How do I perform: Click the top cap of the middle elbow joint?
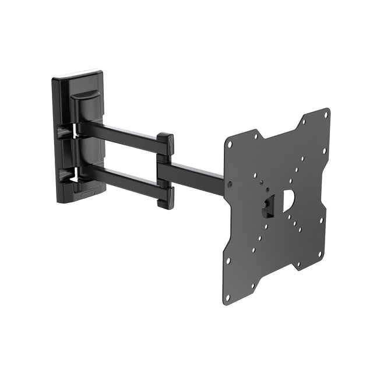(165, 140)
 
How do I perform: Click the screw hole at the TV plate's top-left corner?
(230, 144)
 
